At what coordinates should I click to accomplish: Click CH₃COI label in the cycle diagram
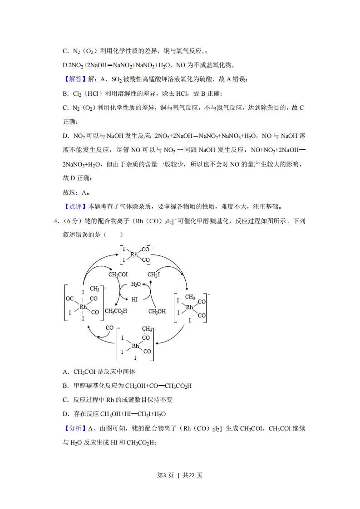118,274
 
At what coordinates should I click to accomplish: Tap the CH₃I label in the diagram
153,274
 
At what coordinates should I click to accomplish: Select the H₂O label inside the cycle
136,284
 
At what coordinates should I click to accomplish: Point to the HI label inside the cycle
134,299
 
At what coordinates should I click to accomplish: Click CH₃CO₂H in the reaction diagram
116,311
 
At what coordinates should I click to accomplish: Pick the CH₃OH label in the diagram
157,311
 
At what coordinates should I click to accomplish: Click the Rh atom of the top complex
134,254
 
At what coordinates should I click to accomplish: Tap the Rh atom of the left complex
83,307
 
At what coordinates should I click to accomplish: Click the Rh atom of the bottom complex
135,346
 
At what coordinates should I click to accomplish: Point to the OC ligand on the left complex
70,299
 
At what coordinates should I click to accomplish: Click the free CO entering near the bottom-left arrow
109,328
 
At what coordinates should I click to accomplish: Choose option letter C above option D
65,400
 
